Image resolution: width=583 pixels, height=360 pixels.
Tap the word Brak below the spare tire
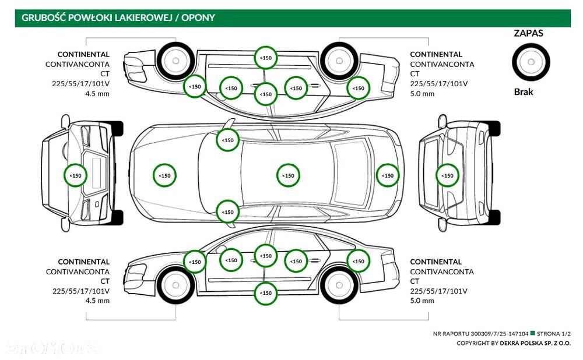coord(524,91)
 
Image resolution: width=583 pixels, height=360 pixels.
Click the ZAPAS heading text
coord(528,33)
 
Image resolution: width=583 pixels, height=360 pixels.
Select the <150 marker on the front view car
coord(75,175)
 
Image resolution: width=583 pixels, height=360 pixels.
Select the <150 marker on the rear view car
coord(447,175)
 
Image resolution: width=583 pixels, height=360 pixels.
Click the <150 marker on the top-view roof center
coord(288,175)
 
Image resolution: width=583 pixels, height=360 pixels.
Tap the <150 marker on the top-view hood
coord(165,175)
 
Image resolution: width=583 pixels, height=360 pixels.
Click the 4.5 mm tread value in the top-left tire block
coord(97,93)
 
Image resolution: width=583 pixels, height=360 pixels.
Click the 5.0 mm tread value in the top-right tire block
coord(422,93)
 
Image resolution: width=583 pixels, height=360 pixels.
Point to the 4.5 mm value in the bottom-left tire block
coord(97,301)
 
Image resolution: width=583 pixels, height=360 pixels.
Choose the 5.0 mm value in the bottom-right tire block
coord(422,301)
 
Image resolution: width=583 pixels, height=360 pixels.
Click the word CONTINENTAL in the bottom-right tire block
coord(436,262)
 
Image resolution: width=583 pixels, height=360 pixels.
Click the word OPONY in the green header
coord(198,17)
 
